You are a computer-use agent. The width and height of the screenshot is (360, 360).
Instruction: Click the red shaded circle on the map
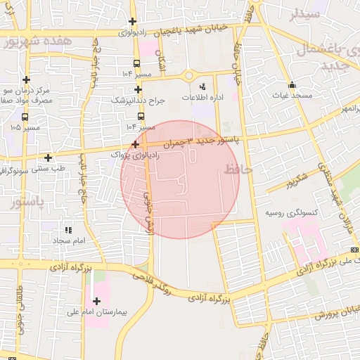(x=180, y=179)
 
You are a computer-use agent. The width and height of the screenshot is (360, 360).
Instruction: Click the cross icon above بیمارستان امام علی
(x=96, y=301)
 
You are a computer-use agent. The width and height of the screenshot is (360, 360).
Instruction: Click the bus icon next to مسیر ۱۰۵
(x=25, y=117)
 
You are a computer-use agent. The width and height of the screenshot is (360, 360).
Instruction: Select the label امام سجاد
(x=69, y=240)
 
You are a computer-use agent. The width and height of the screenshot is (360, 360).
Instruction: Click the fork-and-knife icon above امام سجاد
(x=68, y=230)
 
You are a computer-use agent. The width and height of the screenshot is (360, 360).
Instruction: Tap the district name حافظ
(x=238, y=169)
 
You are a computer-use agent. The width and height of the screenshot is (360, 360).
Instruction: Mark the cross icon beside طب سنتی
(x=48, y=157)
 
